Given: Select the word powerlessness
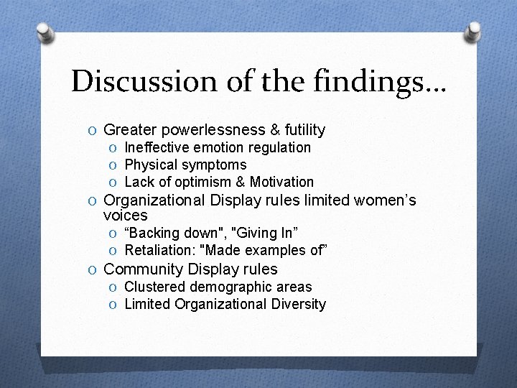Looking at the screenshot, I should (x=213, y=130).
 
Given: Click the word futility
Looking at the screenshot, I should (x=304, y=130).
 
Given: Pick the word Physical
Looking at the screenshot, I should (x=152, y=165).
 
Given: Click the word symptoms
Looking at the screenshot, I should (x=214, y=165).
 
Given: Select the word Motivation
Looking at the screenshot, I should (x=281, y=182).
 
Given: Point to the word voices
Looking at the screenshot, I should (x=126, y=215).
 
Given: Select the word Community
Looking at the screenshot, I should (x=144, y=269).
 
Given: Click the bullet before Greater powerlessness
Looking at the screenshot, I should (x=93, y=131).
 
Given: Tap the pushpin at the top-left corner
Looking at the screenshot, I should (x=45, y=32).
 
